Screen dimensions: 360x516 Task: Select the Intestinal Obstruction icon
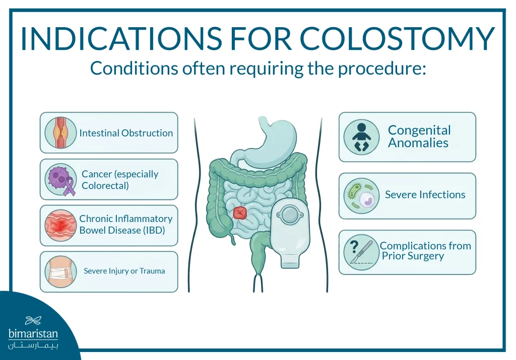pos(60,133)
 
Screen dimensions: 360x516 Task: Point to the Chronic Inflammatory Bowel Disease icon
pos(60,225)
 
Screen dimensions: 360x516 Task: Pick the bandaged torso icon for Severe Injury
pos(60,271)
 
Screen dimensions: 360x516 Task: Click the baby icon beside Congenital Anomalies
pos(361,137)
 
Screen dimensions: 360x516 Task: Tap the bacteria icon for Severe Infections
pos(361,196)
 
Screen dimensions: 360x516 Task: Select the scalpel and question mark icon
pos(361,252)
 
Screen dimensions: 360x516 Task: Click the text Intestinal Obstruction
pos(126,133)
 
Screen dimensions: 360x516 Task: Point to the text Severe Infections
pos(425,195)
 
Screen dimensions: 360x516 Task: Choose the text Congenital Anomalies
pos(419,136)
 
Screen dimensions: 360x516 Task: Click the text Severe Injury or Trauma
pos(124,271)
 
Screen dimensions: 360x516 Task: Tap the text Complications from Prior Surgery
pos(425,251)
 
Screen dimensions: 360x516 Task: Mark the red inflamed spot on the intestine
pos(240,212)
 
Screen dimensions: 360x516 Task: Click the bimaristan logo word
pos(33,334)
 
